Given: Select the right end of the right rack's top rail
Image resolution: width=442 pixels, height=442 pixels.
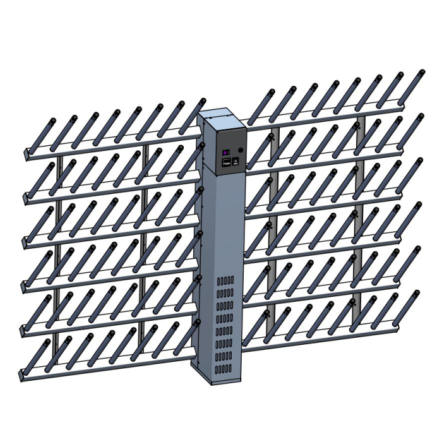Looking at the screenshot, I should [402, 109].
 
